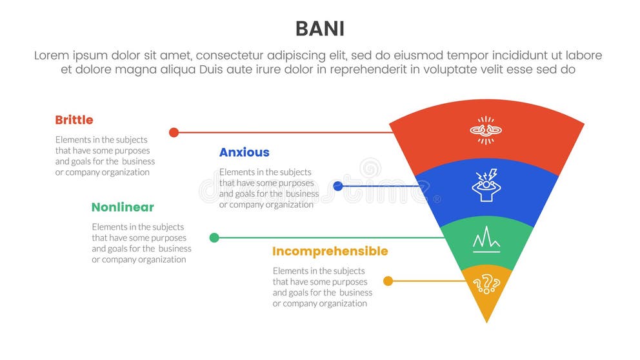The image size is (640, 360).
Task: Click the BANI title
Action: click(319, 29)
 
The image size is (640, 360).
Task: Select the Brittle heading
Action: click(74, 120)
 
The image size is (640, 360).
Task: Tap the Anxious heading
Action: click(244, 153)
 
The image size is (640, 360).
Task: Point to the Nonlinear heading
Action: click(123, 208)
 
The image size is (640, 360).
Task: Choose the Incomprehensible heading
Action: click(330, 252)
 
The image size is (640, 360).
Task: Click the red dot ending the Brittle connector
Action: click(174, 132)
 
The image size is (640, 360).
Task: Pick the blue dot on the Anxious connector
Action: click(338, 186)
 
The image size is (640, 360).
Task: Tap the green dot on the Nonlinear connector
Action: click(214, 237)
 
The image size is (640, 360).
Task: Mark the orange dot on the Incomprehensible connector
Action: click(388, 281)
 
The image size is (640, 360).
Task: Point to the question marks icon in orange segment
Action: click(486, 283)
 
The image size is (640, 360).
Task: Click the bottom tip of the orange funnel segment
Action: click(486, 320)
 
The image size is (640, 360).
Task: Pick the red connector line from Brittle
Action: click(284, 132)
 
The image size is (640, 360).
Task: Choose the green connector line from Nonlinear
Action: click(329, 237)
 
